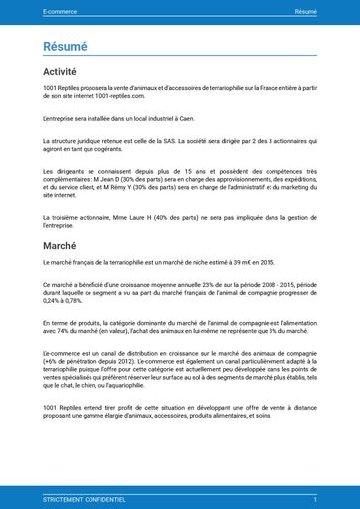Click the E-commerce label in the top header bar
(60, 11)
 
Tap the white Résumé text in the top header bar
(305, 11)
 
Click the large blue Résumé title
(65, 46)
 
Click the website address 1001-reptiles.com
(119, 96)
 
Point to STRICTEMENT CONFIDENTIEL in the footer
(85, 499)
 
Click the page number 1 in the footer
(315, 499)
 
